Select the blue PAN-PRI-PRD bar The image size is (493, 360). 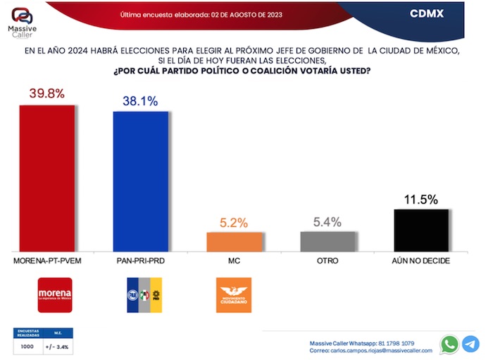(x=140, y=181)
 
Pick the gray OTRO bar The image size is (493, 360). (x=327, y=241)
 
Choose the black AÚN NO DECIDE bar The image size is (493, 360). (x=421, y=230)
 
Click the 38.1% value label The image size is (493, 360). (x=140, y=101)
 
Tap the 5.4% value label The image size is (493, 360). (x=327, y=222)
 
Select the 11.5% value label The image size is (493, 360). (x=421, y=199)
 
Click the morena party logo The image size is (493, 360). (x=54, y=294)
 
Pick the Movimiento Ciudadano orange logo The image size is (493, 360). (x=233, y=295)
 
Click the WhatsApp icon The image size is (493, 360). (x=449, y=344)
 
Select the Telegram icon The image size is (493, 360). (x=471, y=344)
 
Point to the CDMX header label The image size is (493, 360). (x=427, y=13)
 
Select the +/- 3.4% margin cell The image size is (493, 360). (x=58, y=347)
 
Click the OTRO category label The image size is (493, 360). (x=327, y=261)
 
